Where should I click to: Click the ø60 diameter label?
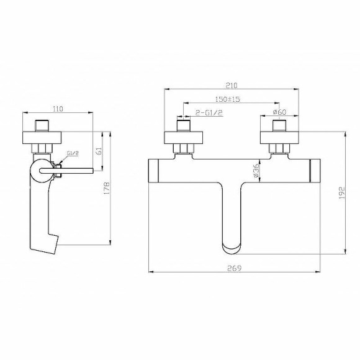tap(279, 113)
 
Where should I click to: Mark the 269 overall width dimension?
tap(233, 268)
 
